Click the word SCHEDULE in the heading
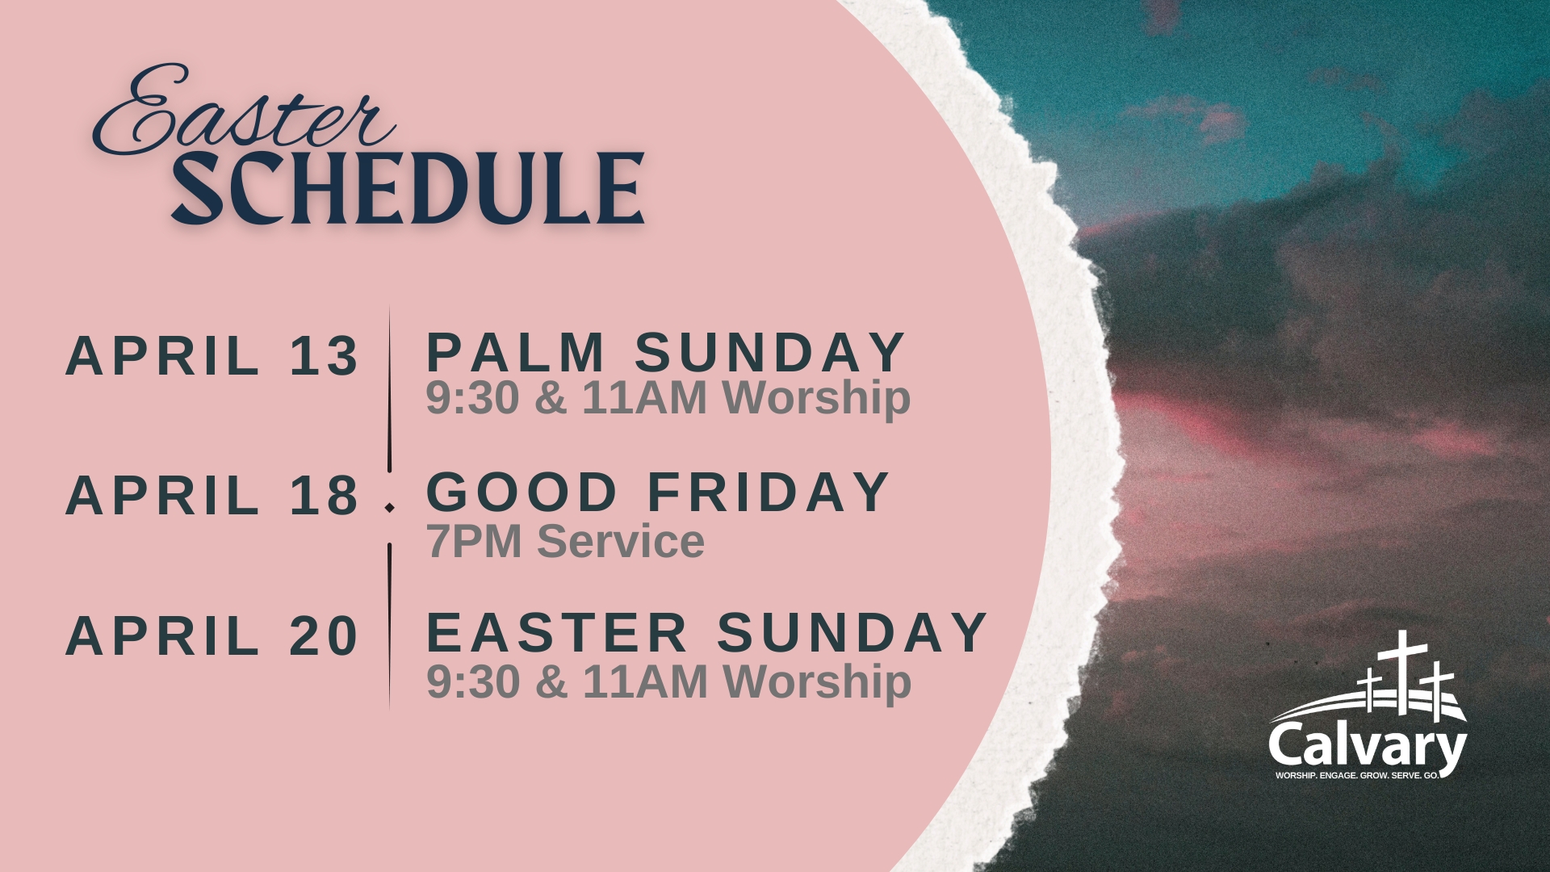coord(408,188)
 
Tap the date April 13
coord(212,355)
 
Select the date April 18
coord(212,495)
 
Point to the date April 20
coord(212,635)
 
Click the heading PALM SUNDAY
coord(666,352)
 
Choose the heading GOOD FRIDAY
coord(658,492)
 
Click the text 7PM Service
coord(565,541)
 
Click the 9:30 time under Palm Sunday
coord(472,398)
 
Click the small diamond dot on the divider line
coord(390,508)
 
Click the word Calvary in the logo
coord(1368,748)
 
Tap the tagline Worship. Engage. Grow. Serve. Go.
coord(1357,775)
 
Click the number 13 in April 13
coord(324,355)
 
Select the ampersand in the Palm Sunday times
coord(551,398)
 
